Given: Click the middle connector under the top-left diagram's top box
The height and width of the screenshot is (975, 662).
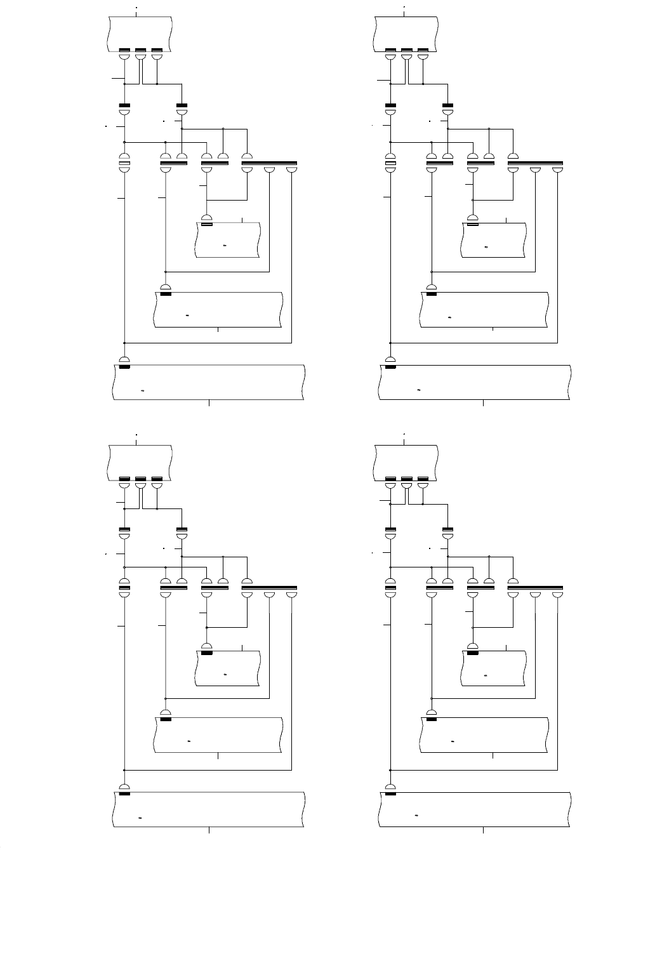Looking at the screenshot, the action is pos(140,56).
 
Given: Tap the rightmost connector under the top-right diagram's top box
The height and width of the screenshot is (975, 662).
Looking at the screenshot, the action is pos(423,56).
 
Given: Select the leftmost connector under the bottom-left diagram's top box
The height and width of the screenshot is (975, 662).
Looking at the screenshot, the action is pos(124,484).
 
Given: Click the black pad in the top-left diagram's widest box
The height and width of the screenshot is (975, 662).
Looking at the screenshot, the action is pos(124,367).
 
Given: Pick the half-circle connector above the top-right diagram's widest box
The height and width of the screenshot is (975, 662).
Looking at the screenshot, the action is pos(390,359).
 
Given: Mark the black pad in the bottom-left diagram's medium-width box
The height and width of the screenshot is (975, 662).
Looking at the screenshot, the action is pos(166,719).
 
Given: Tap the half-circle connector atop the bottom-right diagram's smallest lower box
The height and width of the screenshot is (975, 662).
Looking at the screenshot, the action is pos(473,646).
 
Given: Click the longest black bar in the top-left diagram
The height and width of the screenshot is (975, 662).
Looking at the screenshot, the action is pos(269,163).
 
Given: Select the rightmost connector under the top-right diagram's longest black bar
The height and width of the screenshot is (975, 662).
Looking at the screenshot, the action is pos(557,169).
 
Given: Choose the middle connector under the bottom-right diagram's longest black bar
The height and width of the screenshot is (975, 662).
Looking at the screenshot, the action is pos(536,597).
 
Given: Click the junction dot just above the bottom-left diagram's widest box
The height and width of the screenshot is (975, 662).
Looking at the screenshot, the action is pos(124,770).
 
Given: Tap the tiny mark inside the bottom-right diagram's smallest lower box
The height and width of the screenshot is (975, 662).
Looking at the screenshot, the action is pos(486,675).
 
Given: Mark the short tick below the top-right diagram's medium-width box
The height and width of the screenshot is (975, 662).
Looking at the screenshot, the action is pos(493,330).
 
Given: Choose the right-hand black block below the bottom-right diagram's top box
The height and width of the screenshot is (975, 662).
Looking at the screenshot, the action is pos(448,529).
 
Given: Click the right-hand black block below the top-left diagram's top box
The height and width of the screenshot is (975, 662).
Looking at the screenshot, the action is pos(182,105).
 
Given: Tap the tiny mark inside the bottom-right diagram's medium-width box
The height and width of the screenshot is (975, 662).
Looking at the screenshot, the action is pos(453,741).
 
